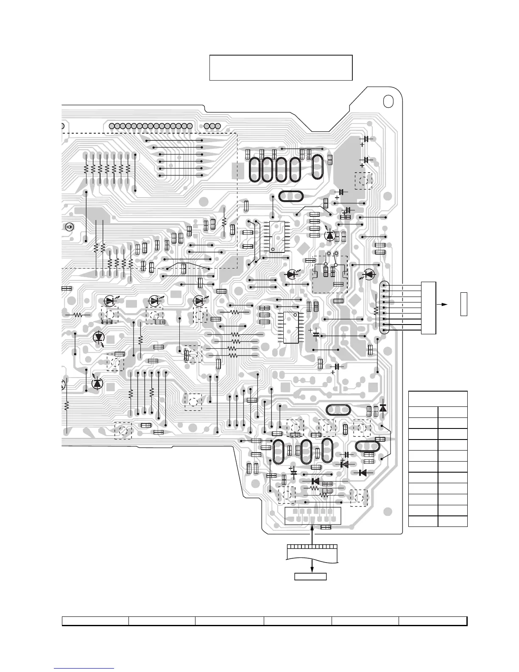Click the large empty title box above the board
coord(281,67)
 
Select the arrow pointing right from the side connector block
coord(443,304)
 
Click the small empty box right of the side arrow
coord(464,304)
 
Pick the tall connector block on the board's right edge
coord(428,307)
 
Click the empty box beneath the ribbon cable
coord(311,577)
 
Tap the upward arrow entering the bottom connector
coord(313,535)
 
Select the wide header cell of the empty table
coord(438,399)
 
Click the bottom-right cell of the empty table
coord(452,521)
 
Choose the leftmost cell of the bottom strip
coord(95,621)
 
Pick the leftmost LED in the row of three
coord(111,301)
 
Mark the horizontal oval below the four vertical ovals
coord(290,196)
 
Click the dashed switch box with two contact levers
coord(330,274)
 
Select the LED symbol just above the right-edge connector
coord(368,274)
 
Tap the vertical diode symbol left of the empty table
coord(383,408)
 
